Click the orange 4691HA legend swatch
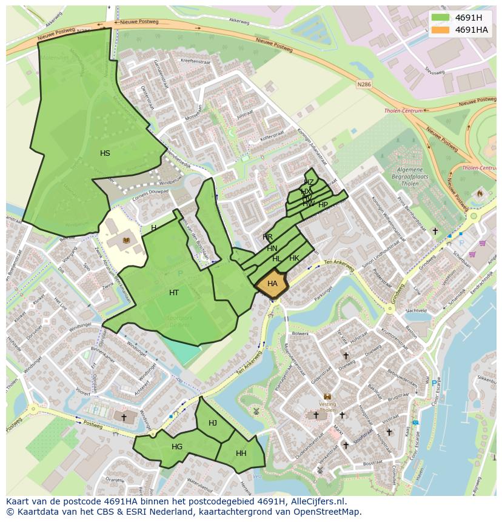point(441,30)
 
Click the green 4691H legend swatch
point(441,18)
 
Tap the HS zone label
point(105,153)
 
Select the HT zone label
point(174,293)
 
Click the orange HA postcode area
point(272,284)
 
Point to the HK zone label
point(294,258)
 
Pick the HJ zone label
point(213,423)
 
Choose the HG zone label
point(177,447)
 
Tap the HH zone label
point(241,453)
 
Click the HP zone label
point(323,205)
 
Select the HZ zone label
point(309,182)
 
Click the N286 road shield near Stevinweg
point(364,85)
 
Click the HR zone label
point(267,236)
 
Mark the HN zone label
point(272,249)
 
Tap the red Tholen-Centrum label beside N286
point(404,111)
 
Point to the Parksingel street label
point(324,297)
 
